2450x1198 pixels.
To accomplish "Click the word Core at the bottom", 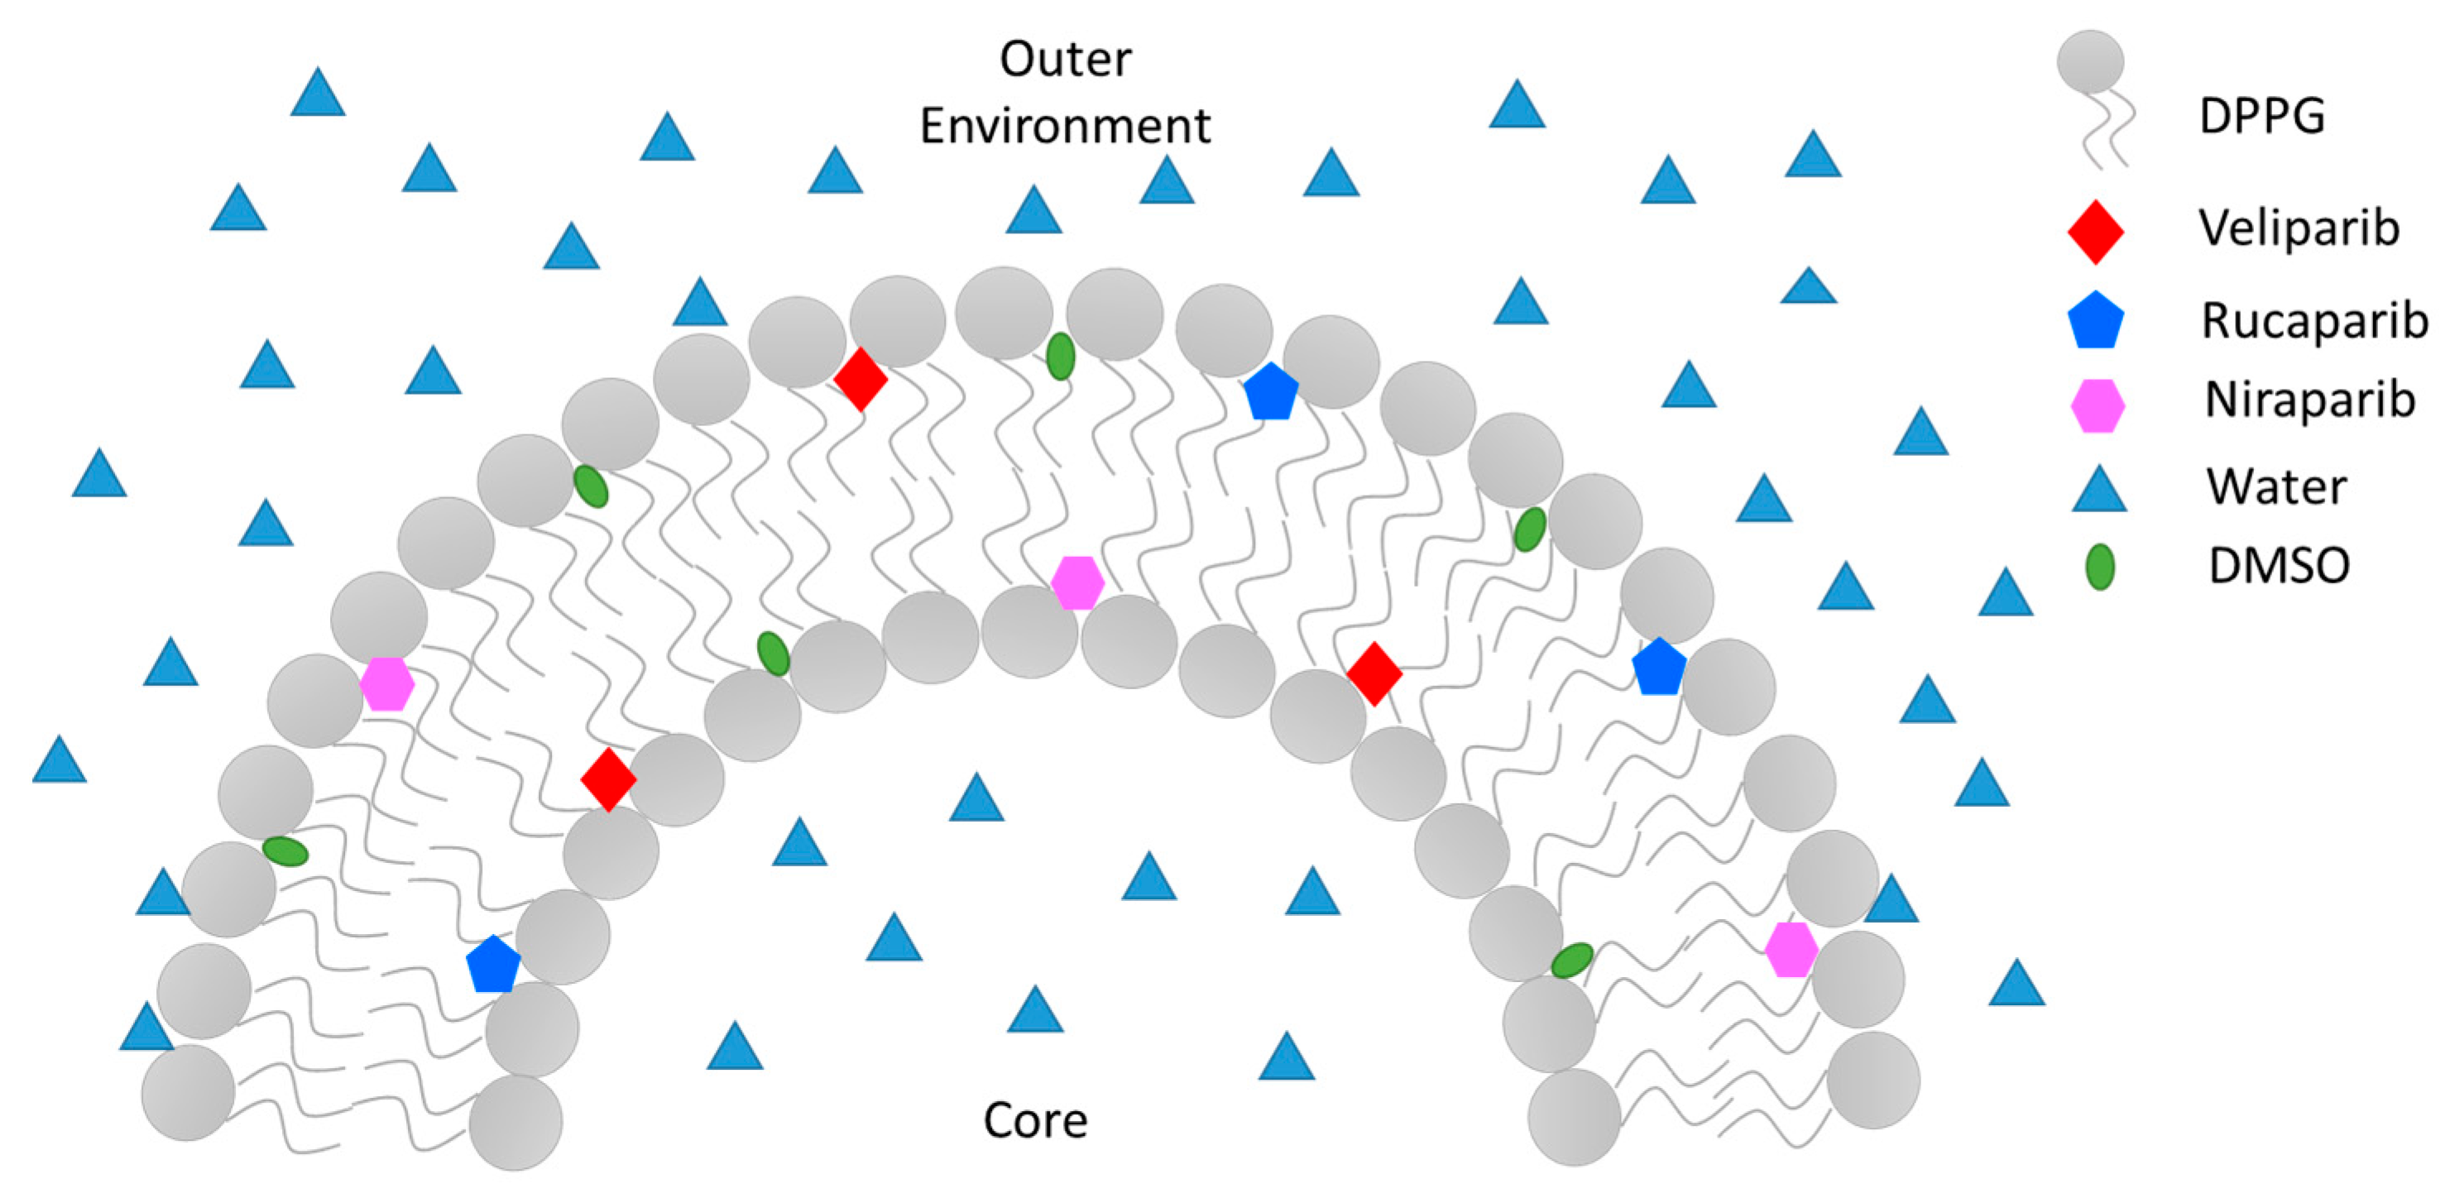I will tap(1035, 1120).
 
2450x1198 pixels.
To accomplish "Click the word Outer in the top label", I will tap(1065, 59).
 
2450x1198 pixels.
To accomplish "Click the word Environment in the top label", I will tap(1065, 127).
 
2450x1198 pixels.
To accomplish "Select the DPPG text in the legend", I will tap(2261, 117).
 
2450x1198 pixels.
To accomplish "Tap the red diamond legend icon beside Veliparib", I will tap(2095, 231).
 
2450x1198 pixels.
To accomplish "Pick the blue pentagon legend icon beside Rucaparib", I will tap(2095, 321).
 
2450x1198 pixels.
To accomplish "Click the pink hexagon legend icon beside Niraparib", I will tap(2098, 406).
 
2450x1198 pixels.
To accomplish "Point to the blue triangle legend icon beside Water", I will tap(2099, 491).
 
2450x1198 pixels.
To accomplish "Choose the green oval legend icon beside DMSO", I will tap(2099, 568).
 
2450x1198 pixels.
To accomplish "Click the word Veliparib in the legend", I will tap(2299, 228).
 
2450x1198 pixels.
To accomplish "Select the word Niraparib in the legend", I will tap(2309, 400).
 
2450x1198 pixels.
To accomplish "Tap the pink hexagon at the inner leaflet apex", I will tap(1076, 582).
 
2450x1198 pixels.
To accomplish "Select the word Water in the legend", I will tap(2276, 486).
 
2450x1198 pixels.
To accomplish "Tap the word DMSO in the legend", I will tap(2279, 566).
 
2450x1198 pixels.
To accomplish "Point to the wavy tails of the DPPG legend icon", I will tap(2108, 133).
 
